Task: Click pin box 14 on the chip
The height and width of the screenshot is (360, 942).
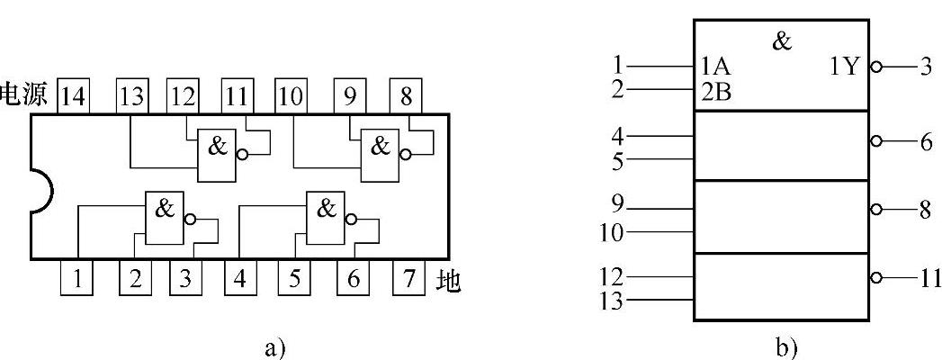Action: pyautogui.click(x=74, y=97)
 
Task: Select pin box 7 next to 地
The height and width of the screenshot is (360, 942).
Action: pyautogui.click(x=408, y=278)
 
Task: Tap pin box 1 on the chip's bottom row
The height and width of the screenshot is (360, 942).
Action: pyautogui.click(x=78, y=278)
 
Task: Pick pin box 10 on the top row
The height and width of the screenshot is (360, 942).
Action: pyautogui.click(x=291, y=97)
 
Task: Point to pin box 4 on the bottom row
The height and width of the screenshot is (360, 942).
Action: pyautogui.click(x=239, y=278)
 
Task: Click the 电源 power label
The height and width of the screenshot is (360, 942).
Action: pyautogui.click(x=24, y=96)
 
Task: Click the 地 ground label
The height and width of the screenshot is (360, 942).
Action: pyautogui.click(x=447, y=280)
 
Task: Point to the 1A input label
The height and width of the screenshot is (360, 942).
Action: pyautogui.click(x=716, y=67)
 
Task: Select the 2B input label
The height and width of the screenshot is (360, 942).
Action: pyautogui.click(x=716, y=89)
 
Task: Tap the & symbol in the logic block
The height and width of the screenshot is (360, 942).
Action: pyautogui.click(x=782, y=40)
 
